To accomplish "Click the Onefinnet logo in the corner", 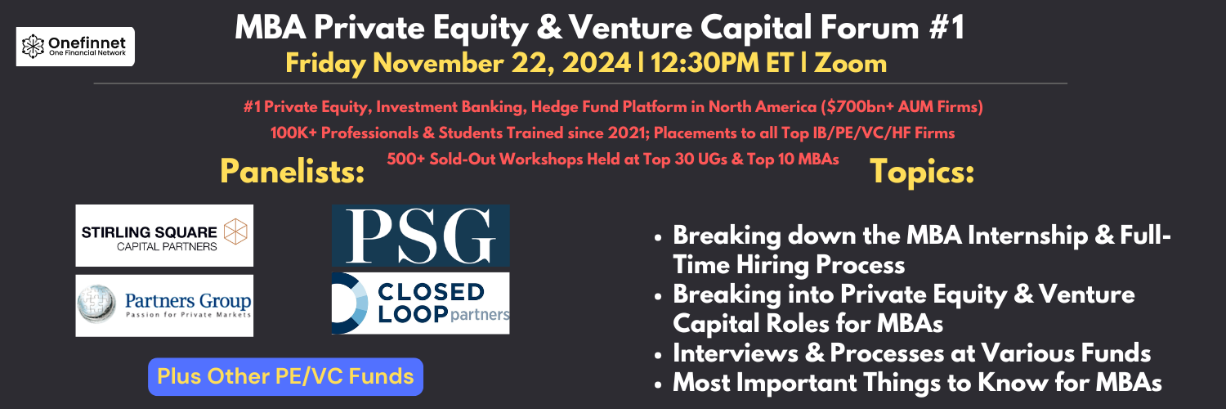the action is (x=75, y=47).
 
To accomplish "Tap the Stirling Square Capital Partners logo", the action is (x=164, y=236).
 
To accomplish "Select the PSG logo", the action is (x=420, y=236).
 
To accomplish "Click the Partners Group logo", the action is (x=164, y=305).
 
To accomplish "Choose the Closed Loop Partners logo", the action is (x=420, y=303).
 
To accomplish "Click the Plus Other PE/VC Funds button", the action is (x=286, y=377).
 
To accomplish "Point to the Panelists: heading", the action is (x=293, y=172).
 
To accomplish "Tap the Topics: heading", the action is (x=922, y=172).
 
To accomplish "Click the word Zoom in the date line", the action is (x=851, y=63).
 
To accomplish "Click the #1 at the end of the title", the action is (x=946, y=27).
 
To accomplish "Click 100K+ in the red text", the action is (x=294, y=133).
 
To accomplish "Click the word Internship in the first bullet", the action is (x=1027, y=236).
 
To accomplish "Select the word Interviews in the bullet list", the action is (x=736, y=353).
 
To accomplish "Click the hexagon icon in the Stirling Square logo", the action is (x=235, y=231).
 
